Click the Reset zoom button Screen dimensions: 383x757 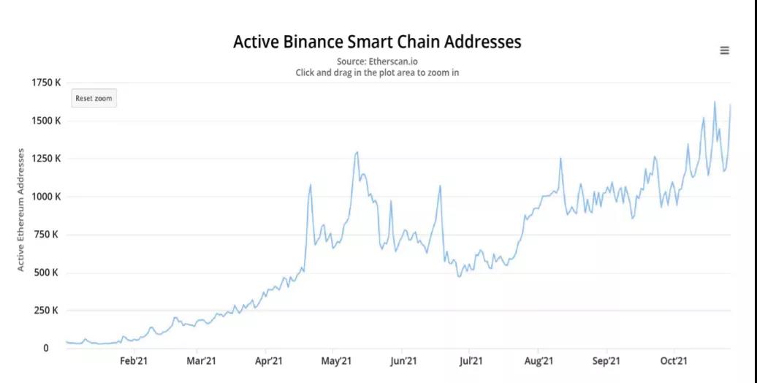point(94,98)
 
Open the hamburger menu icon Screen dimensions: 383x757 point(724,50)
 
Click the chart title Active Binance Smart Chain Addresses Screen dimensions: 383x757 point(377,42)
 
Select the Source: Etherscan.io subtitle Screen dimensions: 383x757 point(377,61)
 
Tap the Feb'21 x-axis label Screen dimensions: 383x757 point(134,360)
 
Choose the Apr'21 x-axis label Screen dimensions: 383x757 point(269,360)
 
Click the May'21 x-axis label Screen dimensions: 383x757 point(336,360)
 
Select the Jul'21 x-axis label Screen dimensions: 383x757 point(471,360)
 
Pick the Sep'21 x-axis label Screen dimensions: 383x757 point(606,360)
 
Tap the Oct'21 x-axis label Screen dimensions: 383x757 point(673,360)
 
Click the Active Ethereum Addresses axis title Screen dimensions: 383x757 point(21,210)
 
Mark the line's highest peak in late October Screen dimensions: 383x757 point(715,102)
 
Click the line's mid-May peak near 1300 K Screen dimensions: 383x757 point(357,152)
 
